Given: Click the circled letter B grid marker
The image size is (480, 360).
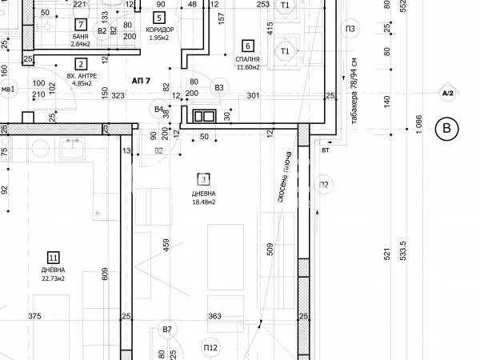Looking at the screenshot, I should pyautogui.click(x=447, y=128).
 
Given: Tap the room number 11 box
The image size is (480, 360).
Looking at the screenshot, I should pyautogui.click(x=54, y=258).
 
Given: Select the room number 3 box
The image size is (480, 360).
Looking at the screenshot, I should pyautogui.click(x=204, y=180).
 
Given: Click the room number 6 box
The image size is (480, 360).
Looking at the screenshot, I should pyautogui.click(x=247, y=46).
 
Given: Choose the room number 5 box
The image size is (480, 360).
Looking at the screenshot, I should pyautogui.click(x=159, y=17).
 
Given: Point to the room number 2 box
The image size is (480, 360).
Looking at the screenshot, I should pyautogui.click(x=81, y=65).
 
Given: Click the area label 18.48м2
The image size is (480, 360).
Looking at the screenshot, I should pyautogui.click(x=203, y=202).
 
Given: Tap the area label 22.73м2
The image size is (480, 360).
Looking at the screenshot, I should pyautogui.click(x=53, y=279).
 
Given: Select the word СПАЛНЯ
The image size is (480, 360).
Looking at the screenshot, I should pyautogui.click(x=246, y=58).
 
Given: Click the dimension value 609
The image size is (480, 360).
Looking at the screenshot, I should pyautogui.click(x=106, y=274).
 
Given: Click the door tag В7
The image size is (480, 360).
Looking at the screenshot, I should pyautogui.click(x=166, y=330).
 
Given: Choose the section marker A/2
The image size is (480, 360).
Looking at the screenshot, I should pyautogui.click(x=447, y=94).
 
